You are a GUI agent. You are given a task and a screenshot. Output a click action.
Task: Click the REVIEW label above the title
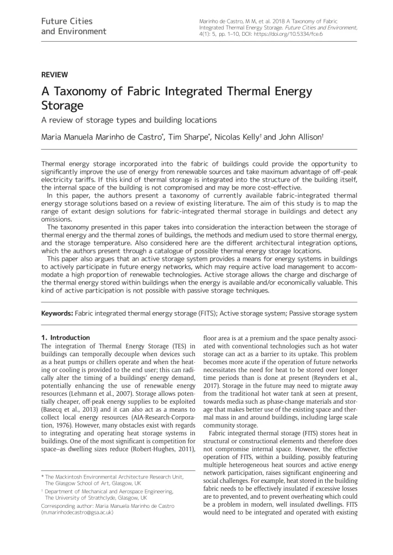(54, 75)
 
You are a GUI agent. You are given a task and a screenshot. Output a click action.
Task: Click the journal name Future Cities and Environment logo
(74, 26)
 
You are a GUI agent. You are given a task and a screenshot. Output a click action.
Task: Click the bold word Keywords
(57, 313)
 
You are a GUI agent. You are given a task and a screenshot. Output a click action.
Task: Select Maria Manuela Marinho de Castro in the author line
(101, 137)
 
